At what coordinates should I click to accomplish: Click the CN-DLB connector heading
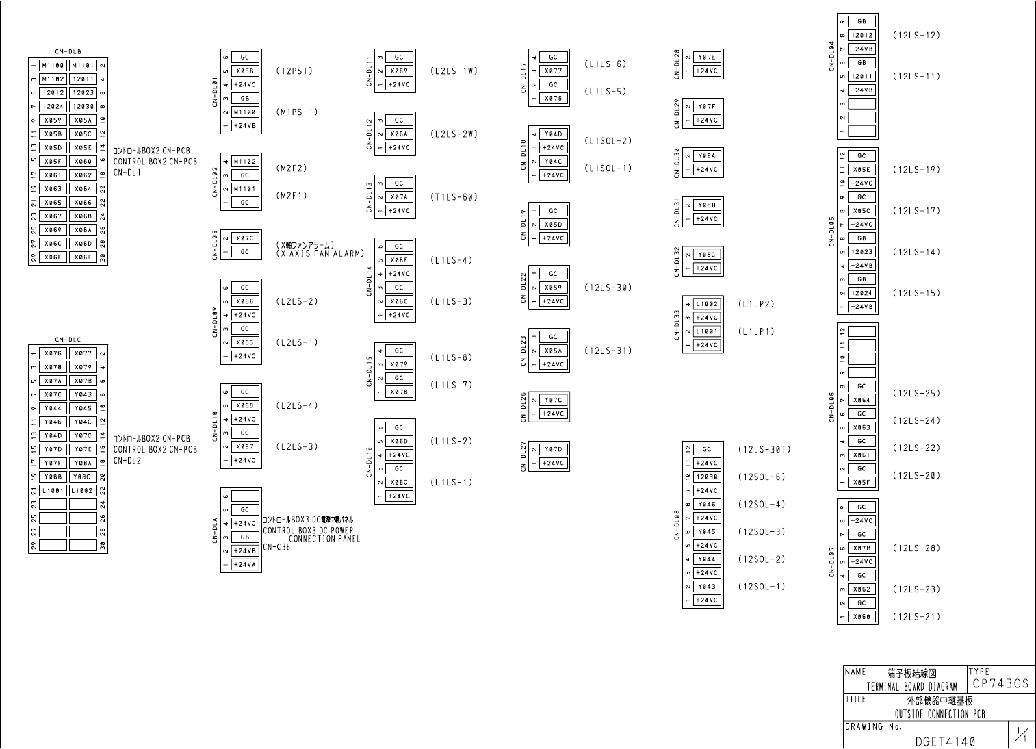pyautogui.click(x=68, y=51)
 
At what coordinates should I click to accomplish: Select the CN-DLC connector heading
pyautogui.click(x=68, y=340)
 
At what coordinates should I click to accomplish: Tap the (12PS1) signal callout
pyautogui.click(x=294, y=71)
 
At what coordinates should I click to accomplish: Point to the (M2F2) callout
pyautogui.click(x=292, y=168)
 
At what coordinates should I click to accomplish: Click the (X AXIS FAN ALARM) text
pyautogui.click(x=320, y=254)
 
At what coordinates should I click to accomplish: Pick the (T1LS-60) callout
pyautogui.click(x=454, y=197)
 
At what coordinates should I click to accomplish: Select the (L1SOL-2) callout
pyautogui.click(x=608, y=141)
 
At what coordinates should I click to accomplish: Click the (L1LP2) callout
pyautogui.click(x=756, y=304)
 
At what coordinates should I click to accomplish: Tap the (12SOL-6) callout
pyautogui.click(x=762, y=477)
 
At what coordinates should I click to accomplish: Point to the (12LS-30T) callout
pyautogui.click(x=764, y=450)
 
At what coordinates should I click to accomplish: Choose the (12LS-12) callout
pyautogui.click(x=916, y=36)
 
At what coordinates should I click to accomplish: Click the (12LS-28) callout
pyautogui.click(x=916, y=548)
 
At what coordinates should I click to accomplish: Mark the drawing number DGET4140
pyautogui.click(x=946, y=741)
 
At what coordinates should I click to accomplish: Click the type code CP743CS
pyautogui.click(x=1000, y=683)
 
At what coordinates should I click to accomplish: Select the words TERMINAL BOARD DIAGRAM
pyautogui.click(x=912, y=687)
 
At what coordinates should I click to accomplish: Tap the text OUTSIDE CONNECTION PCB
pyautogui.click(x=940, y=714)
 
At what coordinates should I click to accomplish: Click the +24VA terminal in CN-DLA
pyautogui.click(x=245, y=565)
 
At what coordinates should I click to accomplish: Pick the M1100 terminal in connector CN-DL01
pyautogui.click(x=245, y=112)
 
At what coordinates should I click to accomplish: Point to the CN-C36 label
pyautogui.click(x=276, y=547)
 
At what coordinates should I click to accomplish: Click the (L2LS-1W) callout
pyautogui.click(x=454, y=71)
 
